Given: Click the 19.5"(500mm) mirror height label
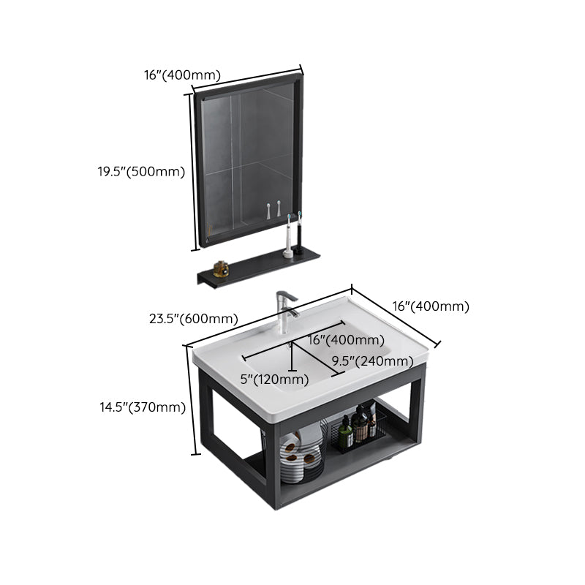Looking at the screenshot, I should (141, 172).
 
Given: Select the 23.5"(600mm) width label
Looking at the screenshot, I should (193, 319).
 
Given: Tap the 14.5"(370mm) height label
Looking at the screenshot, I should (142, 407).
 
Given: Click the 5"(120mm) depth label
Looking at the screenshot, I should (275, 380).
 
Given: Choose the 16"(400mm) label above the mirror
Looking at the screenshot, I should (182, 75).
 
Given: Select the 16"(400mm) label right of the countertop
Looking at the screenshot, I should (431, 306).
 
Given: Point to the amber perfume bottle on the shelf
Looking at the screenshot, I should (221, 269).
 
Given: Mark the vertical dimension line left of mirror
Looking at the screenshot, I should (193, 171).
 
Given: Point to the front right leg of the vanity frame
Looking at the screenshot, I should (417, 417).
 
